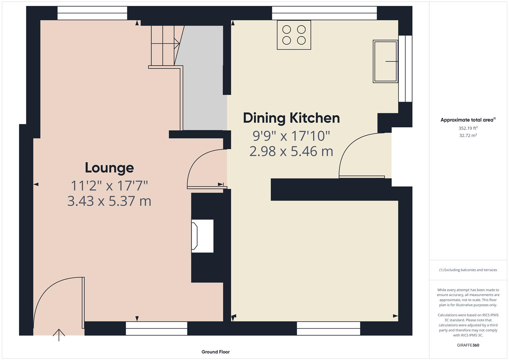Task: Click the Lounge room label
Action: pos(109,168)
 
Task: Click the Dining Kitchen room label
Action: pos(291,118)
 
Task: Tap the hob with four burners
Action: pos(294,35)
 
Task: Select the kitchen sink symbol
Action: pos(385,61)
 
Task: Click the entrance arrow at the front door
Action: pos(59,335)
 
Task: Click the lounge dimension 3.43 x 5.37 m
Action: pos(109,201)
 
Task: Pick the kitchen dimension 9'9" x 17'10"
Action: pos(291,136)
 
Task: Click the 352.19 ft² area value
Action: pos(468,128)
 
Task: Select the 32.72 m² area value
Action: pos(468,135)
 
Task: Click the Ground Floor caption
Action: pos(215,352)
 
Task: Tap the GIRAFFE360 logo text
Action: pos(468,345)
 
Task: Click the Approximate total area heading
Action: pos(468,120)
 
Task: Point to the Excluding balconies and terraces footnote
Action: pos(468,270)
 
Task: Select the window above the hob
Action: pos(324,13)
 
